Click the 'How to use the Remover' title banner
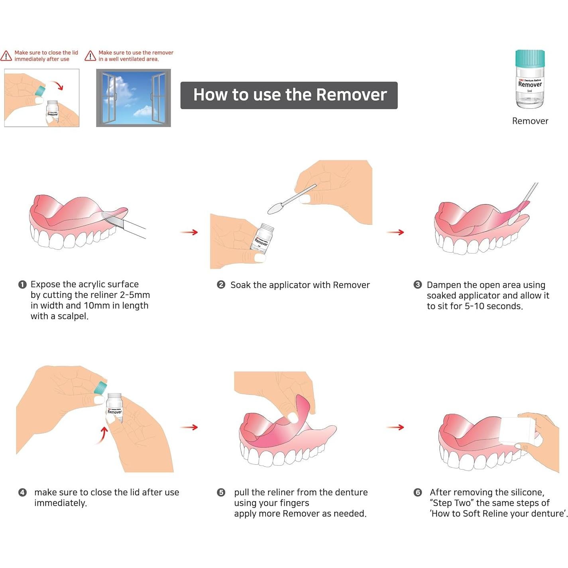[289, 95]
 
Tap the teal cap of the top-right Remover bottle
[530, 58]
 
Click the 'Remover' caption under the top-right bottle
[530, 121]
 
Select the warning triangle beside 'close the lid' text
[6, 56]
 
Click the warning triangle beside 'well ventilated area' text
[90, 56]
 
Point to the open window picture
[134, 98]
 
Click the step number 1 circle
[22, 285]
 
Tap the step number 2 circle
[221, 285]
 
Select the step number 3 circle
[417, 285]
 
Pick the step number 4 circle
[22, 493]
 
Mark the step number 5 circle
[221, 493]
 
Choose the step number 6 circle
[417, 493]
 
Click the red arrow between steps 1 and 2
[189, 232]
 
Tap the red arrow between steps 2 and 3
[395, 232]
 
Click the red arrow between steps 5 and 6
[395, 427]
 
